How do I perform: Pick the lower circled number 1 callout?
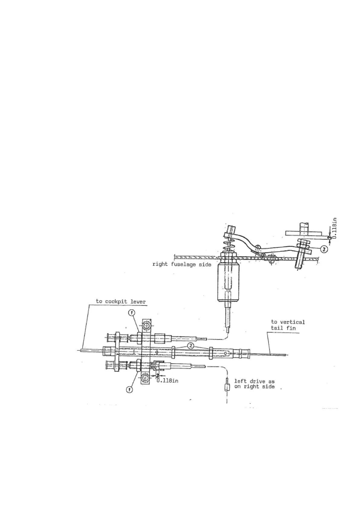(x=129, y=390)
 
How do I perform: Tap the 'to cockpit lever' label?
(x=121, y=301)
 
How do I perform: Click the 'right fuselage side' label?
(x=182, y=264)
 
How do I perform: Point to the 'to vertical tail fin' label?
(x=287, y=325)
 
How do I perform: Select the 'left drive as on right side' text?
(x=254, y=384)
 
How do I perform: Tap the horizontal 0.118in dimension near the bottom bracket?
(x=167, y=381)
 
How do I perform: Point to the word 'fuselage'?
(x=185, y=264)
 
